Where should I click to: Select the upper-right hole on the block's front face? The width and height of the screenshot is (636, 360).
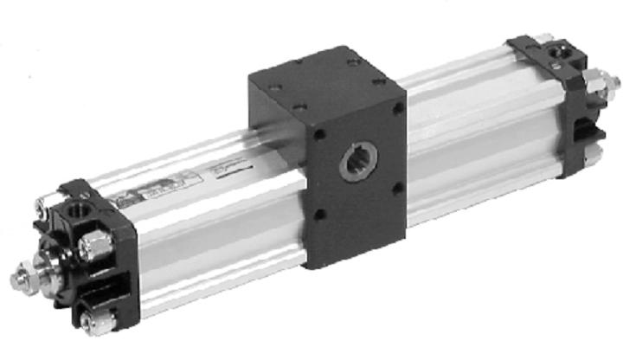click(397, 109)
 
